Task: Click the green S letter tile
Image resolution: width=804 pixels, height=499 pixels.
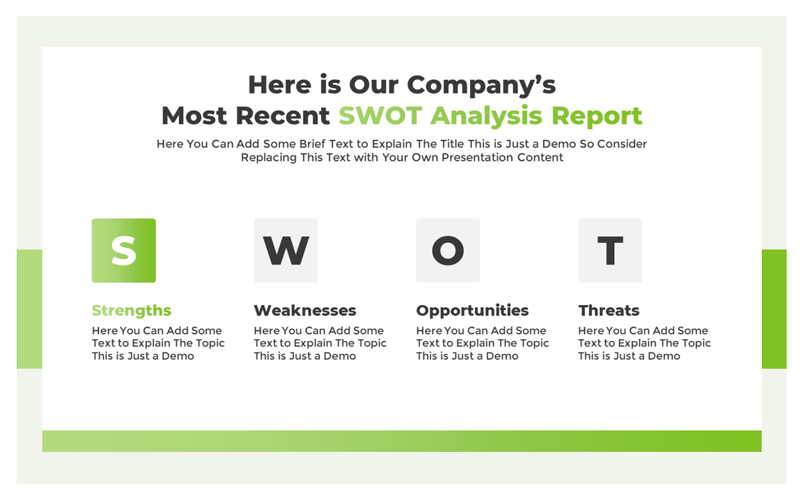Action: pos(123,250)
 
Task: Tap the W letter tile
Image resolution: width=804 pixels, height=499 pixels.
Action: pos(286,250)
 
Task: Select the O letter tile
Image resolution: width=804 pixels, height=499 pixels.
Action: pos(448,250)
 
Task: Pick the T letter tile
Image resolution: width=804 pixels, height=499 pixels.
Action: pos(610,250)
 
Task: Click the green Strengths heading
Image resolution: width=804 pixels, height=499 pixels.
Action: pos(131,310)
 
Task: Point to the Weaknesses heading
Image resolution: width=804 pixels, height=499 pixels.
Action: pos(305,310)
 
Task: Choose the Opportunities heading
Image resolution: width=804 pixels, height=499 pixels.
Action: pos(472,310)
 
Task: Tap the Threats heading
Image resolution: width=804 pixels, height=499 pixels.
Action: pos(609,310)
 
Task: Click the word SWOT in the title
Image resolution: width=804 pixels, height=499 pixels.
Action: pos(381,116)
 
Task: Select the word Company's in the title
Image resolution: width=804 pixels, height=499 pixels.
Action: pos(481,85)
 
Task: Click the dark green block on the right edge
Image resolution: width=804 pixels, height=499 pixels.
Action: pos(774,309)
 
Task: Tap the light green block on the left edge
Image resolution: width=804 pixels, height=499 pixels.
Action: pos(29,309)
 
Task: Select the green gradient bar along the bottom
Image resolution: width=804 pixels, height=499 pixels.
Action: pos(401,441)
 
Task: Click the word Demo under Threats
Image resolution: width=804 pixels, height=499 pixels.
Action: pos(663,356)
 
